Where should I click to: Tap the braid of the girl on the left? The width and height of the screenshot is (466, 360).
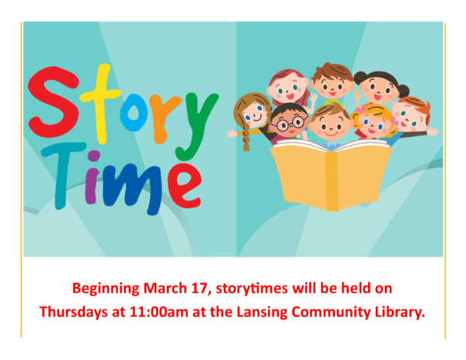coord(245,140)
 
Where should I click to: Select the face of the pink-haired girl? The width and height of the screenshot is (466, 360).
coord(288,91)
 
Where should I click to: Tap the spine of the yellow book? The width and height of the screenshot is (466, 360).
coord(332,183)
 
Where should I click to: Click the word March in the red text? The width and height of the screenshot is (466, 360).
coord(165,289)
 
